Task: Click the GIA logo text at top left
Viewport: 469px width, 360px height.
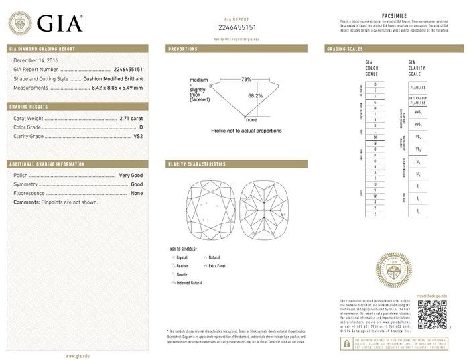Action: pyautogui.click(x=59, y=23)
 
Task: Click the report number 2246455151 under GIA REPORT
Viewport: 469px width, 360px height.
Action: pyautogui.click(x=238, y=27)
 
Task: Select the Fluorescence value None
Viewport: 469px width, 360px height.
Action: pyautogui.click(x=137, y=193)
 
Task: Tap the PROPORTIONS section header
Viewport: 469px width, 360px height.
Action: pyautogui.click(x=182, y=49)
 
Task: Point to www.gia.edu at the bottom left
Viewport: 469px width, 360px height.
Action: pyautogui.click(x=78, y=355)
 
